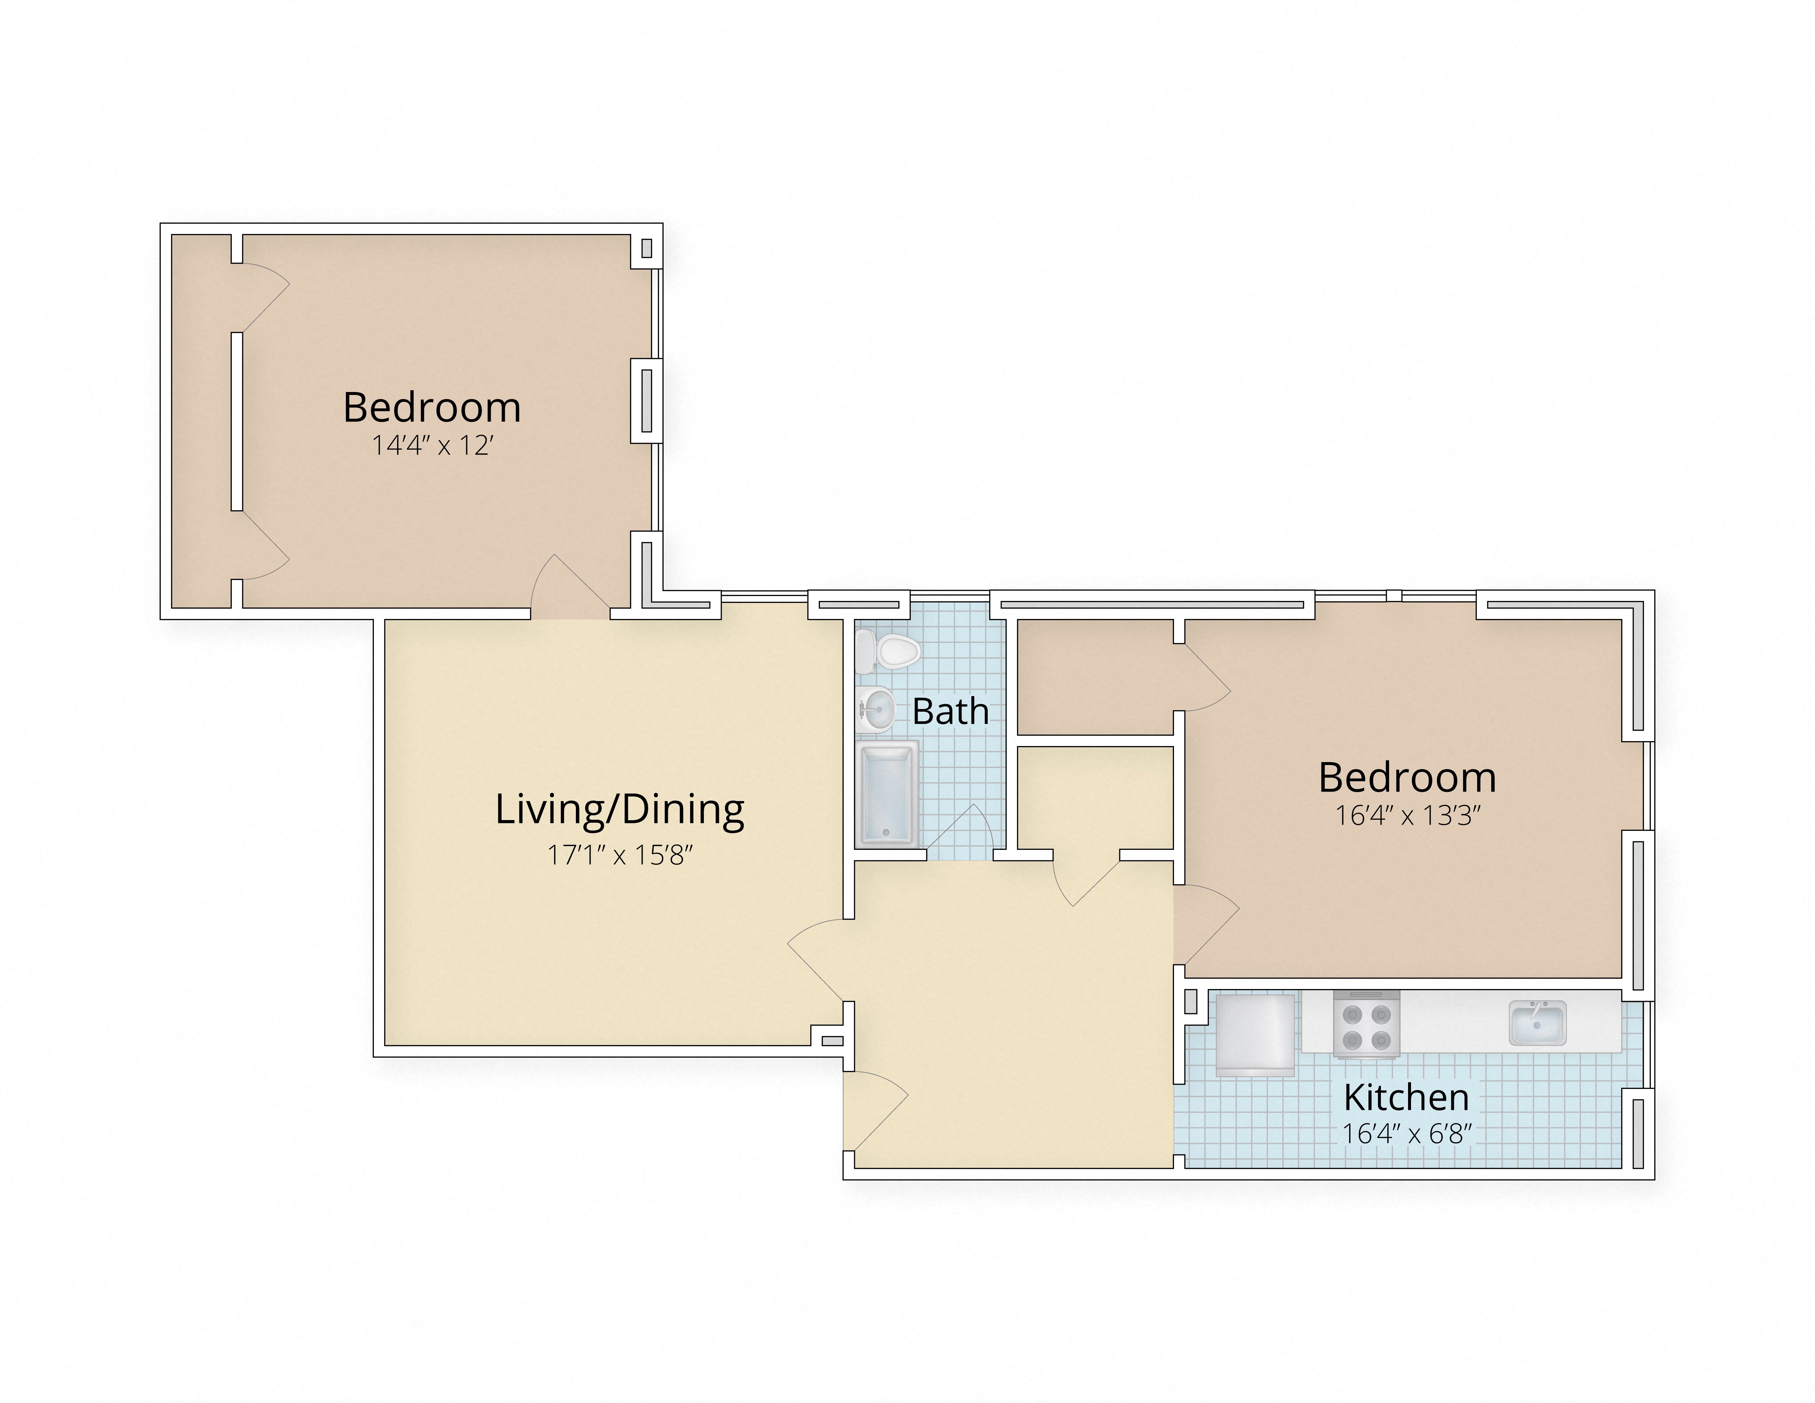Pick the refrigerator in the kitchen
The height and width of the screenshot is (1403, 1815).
click(1255, 1035)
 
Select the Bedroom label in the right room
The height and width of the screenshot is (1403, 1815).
click(1407, 777)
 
